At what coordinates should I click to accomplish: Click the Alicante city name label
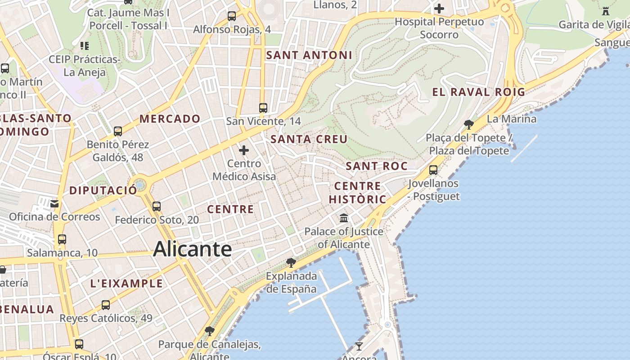click(x=193, y=249)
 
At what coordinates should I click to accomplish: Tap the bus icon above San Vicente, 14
click(x=263, y=108)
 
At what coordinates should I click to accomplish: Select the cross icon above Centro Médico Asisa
click(x=244, y=150)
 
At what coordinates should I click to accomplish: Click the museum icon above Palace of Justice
click(x=344, y=218)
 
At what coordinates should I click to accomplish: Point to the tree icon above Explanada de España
click(x=291, y=262)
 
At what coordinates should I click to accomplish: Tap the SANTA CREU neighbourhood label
click(x=309, y=139)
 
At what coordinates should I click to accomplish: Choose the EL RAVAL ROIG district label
click(x=479, y=92)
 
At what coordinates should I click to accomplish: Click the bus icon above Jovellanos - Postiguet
click(x=433, y=170)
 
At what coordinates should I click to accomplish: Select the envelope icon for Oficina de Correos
click(x=54, y=204)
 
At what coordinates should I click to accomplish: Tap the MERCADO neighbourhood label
click(x=170, y=119)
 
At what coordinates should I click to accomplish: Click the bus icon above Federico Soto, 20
click(x=157, y=207)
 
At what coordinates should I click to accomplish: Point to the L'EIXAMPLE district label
click(x=126, y=283)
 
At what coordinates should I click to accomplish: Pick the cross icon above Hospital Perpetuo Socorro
click(x=439, y=8)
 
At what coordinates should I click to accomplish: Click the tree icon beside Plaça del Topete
click(x=468, y=124)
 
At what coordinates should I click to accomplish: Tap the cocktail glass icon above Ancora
click(x=359, y=346)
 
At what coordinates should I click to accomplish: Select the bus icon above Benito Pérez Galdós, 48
click(x=118, y=131)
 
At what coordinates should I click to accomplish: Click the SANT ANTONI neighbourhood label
click(x=309, y=55)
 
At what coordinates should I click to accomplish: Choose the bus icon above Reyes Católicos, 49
click(x=106, y=305)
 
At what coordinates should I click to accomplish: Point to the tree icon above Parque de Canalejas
click(x=209, y=331)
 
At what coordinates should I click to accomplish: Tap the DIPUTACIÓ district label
click(x=103, y=190)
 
